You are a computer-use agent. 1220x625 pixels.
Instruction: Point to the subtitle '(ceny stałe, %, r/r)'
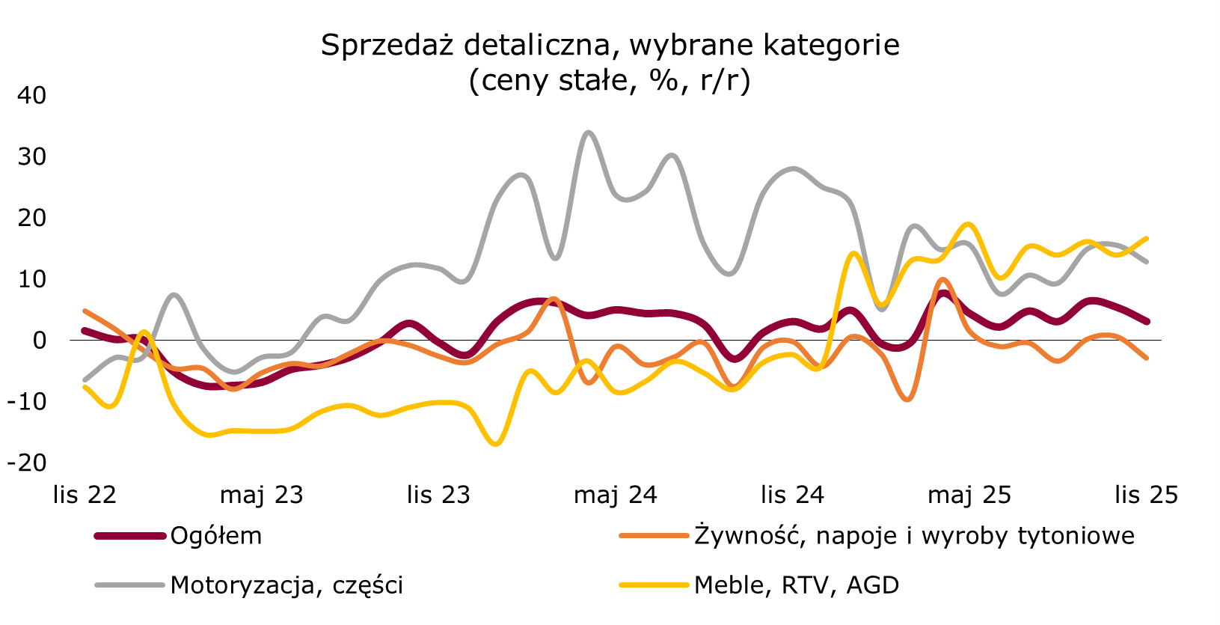coord(609,80)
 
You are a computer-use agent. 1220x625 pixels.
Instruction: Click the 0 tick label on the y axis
coord(39,341)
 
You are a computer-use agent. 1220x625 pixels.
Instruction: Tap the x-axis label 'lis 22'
coord(85,495)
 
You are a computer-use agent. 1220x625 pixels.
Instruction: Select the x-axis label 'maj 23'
coord(261,495)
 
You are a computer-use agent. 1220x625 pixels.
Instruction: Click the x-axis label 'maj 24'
coord(615,495)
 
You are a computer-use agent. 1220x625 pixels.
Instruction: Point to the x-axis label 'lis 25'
coord(1146,495)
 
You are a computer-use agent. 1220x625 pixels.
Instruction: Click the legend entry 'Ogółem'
coord(215,536)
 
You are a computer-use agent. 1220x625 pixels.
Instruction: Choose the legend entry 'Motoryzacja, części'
coord(286,585)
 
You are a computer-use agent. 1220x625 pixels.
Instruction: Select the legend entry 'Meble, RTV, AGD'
coord(796,585)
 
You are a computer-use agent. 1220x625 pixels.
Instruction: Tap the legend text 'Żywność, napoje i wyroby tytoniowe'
coord(914,536)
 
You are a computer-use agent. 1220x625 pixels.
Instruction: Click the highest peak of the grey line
coord(588,132)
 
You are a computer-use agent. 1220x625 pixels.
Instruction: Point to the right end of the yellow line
coord(1147,239)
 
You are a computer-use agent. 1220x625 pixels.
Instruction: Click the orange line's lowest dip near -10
coord(907,399)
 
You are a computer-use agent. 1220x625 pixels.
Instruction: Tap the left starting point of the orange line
coord(85,311)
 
